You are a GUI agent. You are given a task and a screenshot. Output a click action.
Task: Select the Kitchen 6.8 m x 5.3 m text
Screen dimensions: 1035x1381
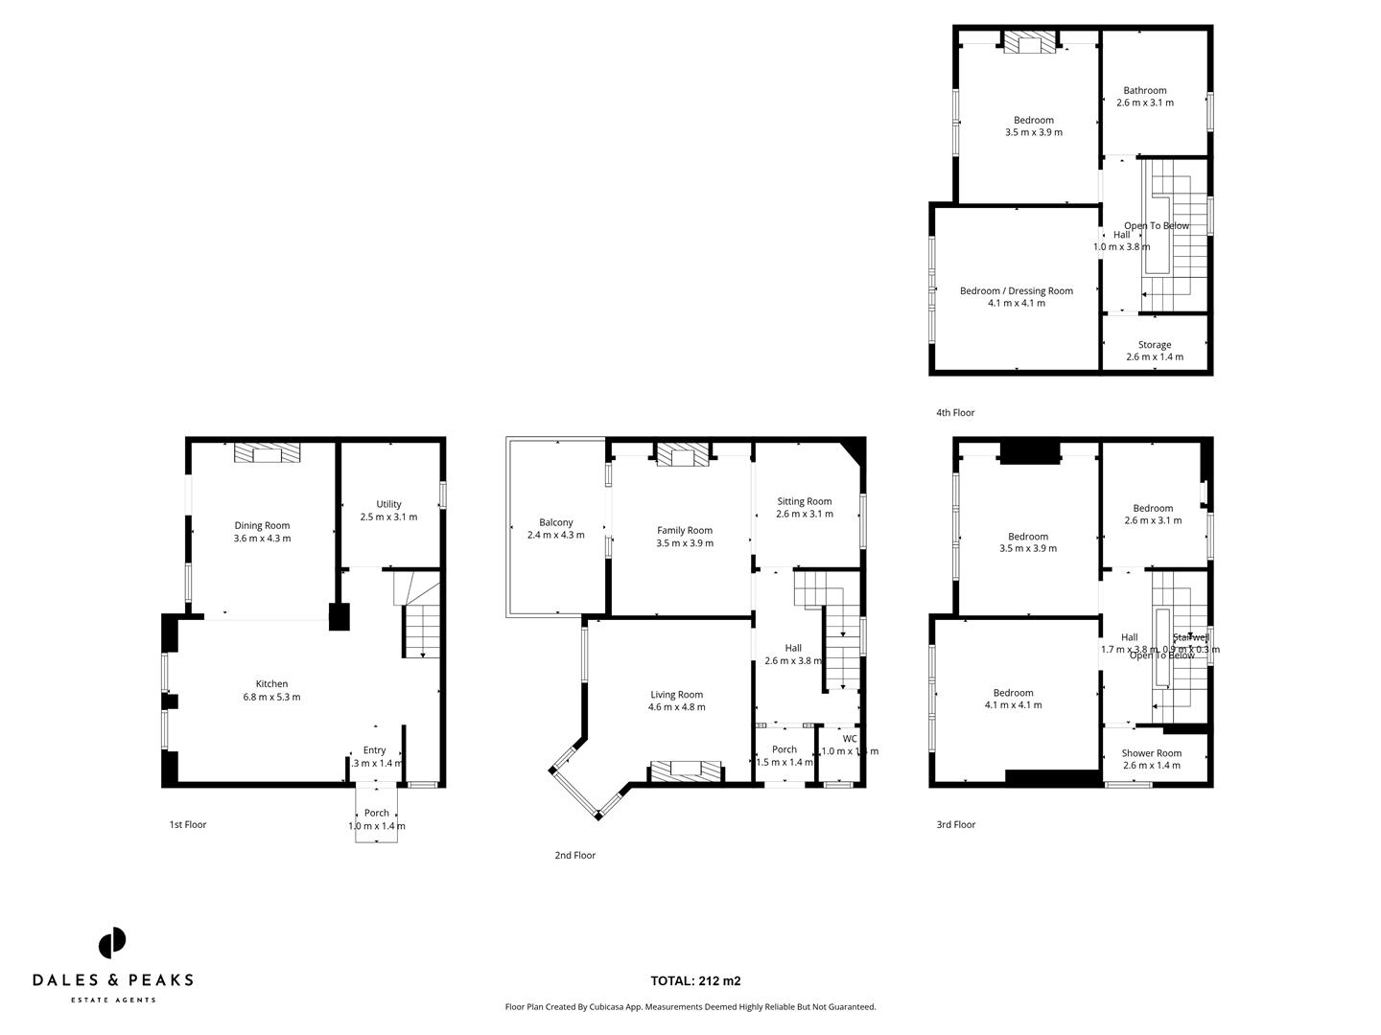pos(271,690)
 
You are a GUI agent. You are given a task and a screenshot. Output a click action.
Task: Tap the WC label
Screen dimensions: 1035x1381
pos(850,739)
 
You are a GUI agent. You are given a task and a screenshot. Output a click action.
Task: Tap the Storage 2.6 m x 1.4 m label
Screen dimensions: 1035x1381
pos(1154,351)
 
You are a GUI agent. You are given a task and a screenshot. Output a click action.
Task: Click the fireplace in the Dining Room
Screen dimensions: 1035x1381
pos(268,453)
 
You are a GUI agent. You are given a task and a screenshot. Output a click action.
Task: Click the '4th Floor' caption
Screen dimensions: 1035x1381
pos(954,413)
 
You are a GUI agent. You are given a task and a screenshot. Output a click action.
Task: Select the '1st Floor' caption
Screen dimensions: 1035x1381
pos(187,824)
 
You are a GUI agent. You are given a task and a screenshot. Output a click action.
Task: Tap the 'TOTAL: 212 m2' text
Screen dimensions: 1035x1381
pos(695,980)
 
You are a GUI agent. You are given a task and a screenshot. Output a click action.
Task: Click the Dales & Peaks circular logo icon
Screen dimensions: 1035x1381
pos(112,942)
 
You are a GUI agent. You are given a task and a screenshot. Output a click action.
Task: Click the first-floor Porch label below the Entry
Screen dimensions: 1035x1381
pos(376,813)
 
